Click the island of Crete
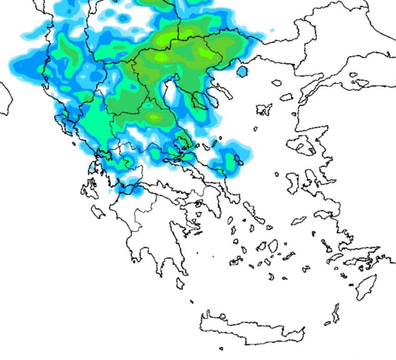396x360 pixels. (250, 327)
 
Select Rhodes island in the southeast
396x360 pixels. (366, 287)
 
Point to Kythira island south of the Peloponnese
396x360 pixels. (180, 283)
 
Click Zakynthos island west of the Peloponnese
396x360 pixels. (98, 211)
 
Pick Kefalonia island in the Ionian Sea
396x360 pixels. (90, 189)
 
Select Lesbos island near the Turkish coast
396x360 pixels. (301, 145)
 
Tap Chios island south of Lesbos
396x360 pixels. (293, 182)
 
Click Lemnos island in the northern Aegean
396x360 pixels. (264, 109)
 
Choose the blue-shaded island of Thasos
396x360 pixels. (242, 71)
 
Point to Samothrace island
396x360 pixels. (276, 83)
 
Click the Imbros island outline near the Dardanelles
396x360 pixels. (286, 97)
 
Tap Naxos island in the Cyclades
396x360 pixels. (273, 246)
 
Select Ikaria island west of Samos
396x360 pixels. (299, 221)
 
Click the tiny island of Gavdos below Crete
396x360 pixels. (221, 349)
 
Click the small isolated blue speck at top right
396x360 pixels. (272, 30)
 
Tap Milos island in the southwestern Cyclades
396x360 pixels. (234, 262)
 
